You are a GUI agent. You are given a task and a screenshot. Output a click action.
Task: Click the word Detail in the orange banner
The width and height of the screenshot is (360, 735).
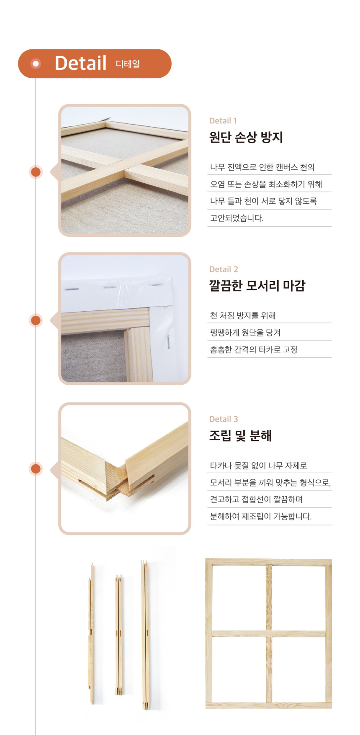tap(81, 63)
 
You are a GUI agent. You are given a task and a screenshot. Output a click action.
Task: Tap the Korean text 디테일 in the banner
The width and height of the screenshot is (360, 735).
tap(128, 64)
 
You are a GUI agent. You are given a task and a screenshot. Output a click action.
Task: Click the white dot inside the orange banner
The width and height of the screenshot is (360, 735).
tap(36, 64)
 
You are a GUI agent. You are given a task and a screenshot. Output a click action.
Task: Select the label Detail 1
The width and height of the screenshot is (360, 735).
tap(223, 121)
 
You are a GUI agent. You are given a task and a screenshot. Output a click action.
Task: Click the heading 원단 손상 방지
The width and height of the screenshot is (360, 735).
tap(246, 137)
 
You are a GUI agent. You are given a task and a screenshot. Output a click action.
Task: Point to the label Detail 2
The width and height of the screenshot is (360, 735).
tap(224, 269)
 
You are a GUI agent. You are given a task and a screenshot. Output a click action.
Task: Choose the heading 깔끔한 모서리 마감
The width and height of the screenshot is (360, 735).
tap(257, 286)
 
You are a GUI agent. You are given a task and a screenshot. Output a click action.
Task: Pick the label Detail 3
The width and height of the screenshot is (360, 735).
tap(224, 419)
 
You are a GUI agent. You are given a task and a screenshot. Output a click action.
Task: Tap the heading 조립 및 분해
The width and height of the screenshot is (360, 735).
tap(241, 435)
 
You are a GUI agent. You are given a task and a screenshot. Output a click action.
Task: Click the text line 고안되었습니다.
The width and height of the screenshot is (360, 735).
tap(237, 218)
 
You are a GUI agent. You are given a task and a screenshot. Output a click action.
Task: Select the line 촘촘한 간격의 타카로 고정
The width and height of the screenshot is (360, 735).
tap(254, 349)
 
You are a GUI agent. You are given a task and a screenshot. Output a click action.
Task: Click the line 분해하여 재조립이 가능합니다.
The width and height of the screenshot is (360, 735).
tap(261, 516)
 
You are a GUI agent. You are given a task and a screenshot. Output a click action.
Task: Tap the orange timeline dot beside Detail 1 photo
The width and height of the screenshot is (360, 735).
tap(36, 172)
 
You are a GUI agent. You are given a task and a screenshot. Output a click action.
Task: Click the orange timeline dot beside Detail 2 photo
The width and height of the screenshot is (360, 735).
tap(36, 320)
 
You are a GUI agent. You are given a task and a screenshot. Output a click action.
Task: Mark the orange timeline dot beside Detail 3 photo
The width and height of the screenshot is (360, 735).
tap(36, 469)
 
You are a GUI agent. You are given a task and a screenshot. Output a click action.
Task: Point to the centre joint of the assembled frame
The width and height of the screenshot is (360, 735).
tap(269, 633)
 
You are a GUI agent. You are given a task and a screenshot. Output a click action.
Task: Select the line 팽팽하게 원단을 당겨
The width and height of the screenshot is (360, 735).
tap(245, 333)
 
